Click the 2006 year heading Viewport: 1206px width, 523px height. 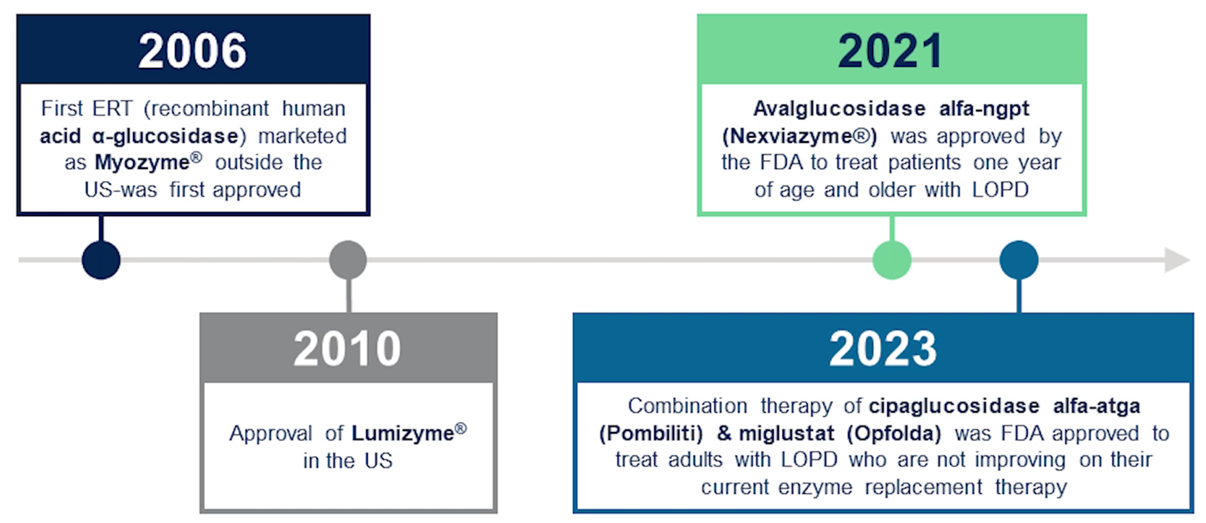click(192, 51)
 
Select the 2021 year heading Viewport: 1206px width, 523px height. click(890, 51)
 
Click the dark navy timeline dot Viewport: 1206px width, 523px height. click(101, 260)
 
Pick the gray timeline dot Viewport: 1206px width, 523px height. click(348, 260)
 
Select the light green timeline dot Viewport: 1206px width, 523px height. click(892, 260)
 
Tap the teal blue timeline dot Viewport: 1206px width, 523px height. click(1019, 260)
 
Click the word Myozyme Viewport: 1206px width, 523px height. click(142, 163)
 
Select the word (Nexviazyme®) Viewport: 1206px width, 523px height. click(800, 136)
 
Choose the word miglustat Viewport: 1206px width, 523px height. click(787, 433)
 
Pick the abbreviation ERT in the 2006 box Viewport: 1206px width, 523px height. click(112, 109)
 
